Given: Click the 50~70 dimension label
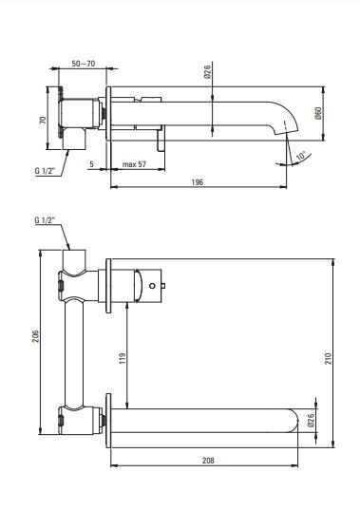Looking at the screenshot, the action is point(84,63).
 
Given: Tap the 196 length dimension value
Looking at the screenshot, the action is point(197,182).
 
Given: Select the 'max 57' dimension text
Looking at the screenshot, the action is point(134,164).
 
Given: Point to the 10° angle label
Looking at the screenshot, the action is point(301,156).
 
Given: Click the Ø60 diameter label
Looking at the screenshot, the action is point(318,113).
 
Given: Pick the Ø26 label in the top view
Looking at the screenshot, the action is point(207,71).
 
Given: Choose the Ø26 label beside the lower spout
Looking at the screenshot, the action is point(311,420).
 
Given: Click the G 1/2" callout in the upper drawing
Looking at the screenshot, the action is point(45,171).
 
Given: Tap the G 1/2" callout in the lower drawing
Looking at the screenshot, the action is point(45,220).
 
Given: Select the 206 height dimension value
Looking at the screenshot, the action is point(35,336).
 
